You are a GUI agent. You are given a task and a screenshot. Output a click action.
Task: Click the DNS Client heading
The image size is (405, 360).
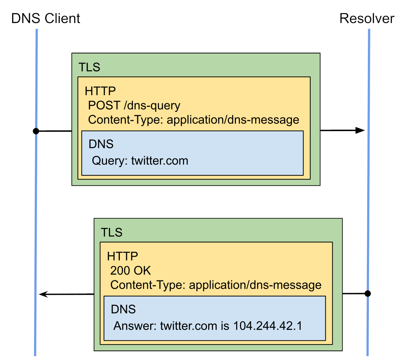coord(46,18)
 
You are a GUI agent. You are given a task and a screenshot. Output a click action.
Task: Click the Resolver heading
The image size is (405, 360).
coord(367,18)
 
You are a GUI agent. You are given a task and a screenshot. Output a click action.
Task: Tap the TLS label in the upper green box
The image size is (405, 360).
coord(89,67)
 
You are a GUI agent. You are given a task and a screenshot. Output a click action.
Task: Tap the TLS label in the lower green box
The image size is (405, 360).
coord(112,232)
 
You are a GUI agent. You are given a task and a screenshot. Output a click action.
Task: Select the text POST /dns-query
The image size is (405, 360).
coord(134,106)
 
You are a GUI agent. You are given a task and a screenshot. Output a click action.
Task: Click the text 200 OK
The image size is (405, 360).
coord(130,271)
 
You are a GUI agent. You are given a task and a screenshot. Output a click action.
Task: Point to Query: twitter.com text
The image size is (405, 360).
coord(140,160)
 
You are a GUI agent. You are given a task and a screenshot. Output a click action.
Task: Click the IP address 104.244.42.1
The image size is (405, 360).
coord(268,326)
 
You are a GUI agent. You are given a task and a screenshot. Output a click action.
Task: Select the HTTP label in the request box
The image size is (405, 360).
coord(100,91)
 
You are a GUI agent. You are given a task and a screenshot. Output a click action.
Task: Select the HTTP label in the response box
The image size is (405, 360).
coord(123,256)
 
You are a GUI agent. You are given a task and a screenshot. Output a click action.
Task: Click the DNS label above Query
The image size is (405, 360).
coord(101,144)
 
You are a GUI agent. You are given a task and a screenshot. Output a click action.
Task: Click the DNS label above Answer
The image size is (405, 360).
coord(123,309)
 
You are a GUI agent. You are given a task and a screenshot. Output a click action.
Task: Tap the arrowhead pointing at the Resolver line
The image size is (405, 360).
coord(360,130)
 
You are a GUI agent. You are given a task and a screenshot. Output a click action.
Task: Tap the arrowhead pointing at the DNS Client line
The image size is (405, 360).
coord(44,294)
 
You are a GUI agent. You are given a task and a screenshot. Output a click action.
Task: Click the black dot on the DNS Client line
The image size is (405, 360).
coord(36,131)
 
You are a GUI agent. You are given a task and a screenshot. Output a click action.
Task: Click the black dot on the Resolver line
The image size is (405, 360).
coord(368,293)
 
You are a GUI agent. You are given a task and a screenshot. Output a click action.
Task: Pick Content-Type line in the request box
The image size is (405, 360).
coord(193,120)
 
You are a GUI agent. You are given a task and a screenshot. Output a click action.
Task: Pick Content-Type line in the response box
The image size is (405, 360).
coord(216,285)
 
